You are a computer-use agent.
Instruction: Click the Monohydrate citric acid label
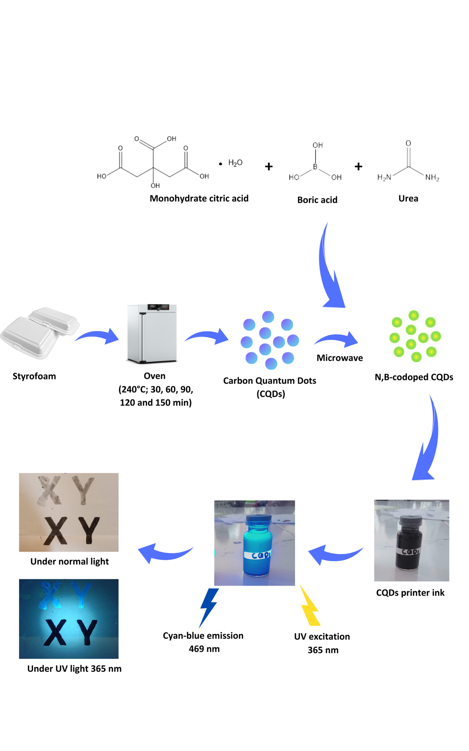click(199, 198)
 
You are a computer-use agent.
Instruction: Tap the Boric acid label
click(317, 200)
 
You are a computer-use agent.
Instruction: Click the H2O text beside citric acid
click(235, 163)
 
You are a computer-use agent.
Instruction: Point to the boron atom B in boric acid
click(315, 167)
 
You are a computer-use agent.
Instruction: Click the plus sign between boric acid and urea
click(358, 167)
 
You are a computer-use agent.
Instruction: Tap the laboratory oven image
click(152, 333)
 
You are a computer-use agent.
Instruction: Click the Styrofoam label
click(34, 376)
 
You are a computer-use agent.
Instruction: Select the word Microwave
click(339, 358)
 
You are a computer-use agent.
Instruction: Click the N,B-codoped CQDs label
click(414, 377)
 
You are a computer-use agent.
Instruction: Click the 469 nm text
click(204, 649)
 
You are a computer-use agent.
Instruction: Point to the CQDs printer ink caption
click(410, 593)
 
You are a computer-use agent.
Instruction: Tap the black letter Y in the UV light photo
click(87, 632)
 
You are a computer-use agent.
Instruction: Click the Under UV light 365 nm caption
click(74, 668)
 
